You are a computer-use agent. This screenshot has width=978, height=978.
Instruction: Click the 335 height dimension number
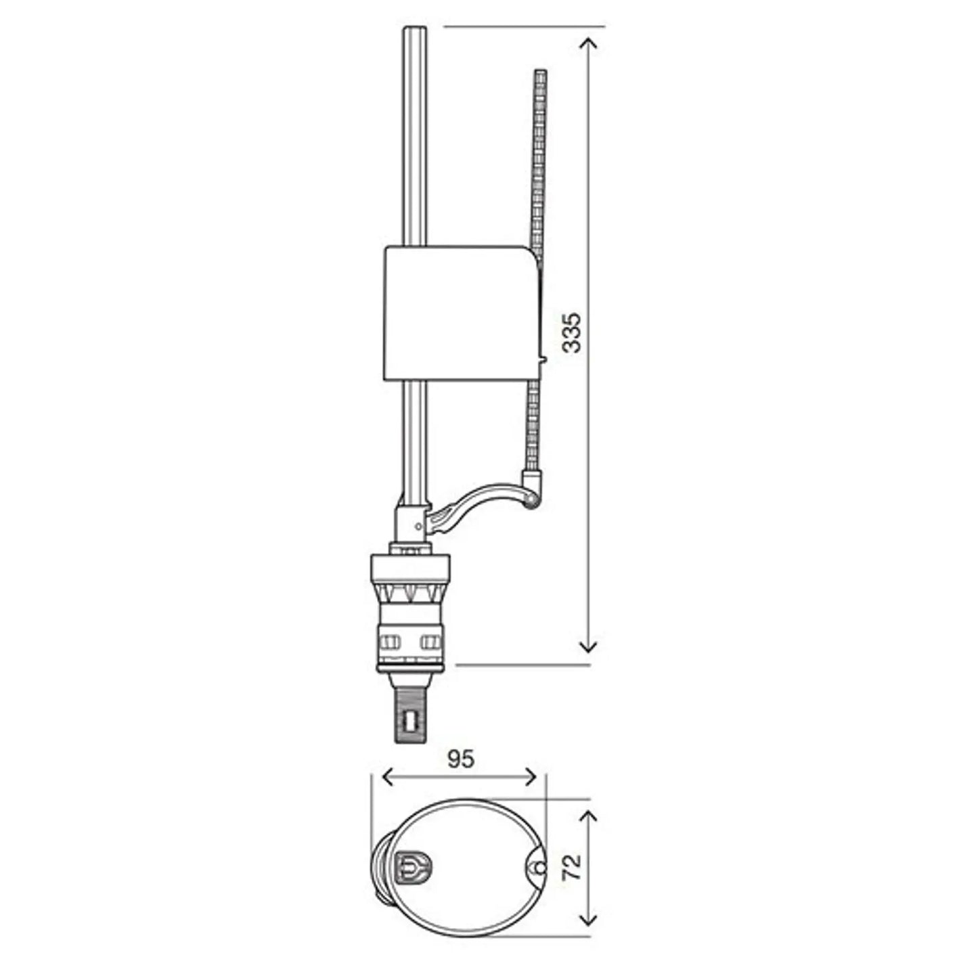(573, 333)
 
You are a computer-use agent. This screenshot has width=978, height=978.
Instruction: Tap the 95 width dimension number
(461, 773)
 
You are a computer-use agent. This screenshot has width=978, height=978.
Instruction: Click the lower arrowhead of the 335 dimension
(588, 646)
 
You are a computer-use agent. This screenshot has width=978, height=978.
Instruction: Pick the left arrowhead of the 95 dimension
(388, 791)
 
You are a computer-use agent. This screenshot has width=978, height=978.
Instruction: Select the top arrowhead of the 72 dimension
(588, 819)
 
